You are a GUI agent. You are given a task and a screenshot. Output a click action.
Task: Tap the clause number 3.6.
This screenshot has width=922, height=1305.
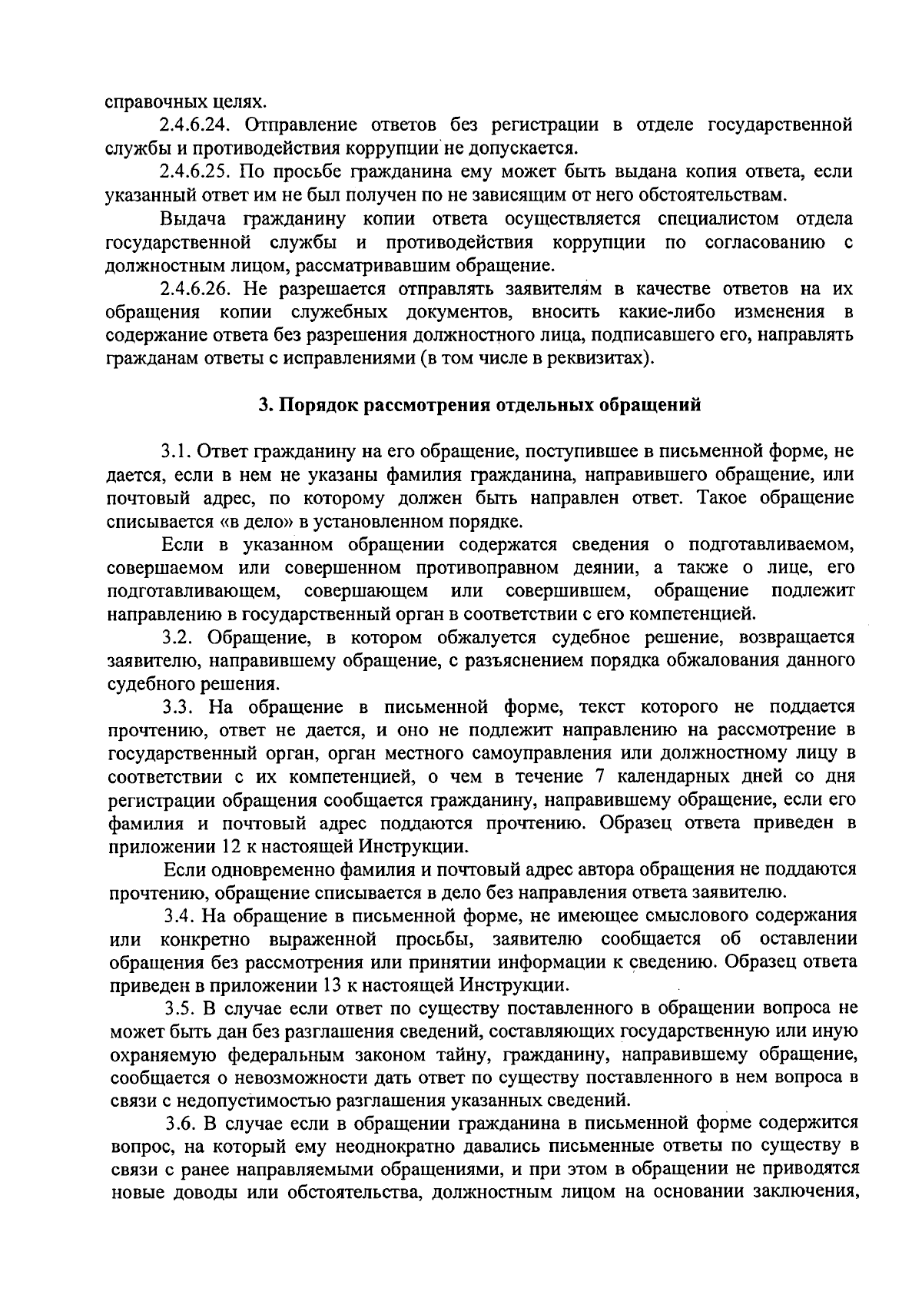183,1124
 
